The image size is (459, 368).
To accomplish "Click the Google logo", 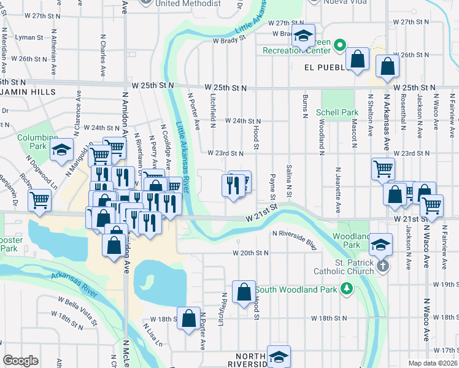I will (x=20, y=361).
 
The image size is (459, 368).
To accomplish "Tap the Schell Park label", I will (x=337, y=112).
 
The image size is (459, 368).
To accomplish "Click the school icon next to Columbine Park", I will (x=61, y=150).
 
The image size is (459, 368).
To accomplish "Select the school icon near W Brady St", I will (x=303, y=36).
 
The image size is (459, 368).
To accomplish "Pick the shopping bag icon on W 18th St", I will (x=189, y=320).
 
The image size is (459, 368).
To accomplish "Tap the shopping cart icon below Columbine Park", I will (x=40, y=199).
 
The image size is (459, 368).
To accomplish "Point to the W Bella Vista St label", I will (x=79, y=305).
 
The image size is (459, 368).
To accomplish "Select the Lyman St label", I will (x=28, y=37).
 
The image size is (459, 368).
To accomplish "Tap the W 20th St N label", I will (x=250, y=253).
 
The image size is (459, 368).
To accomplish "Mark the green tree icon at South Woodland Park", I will (x=346, y=288).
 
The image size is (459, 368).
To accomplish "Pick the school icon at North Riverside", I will (x=279, y=356).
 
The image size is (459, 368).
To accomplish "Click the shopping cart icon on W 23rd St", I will (x=383, y=167).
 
